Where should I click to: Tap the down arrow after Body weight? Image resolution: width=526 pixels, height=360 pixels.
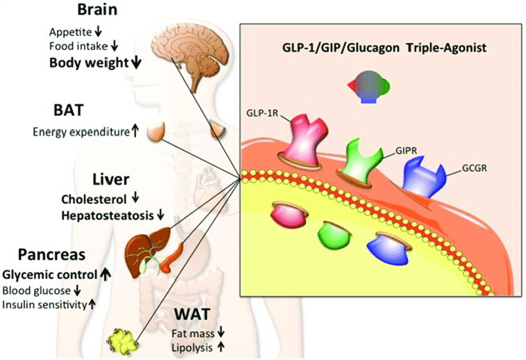point(135,63)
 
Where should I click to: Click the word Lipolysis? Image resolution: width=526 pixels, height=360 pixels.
point(191,345)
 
